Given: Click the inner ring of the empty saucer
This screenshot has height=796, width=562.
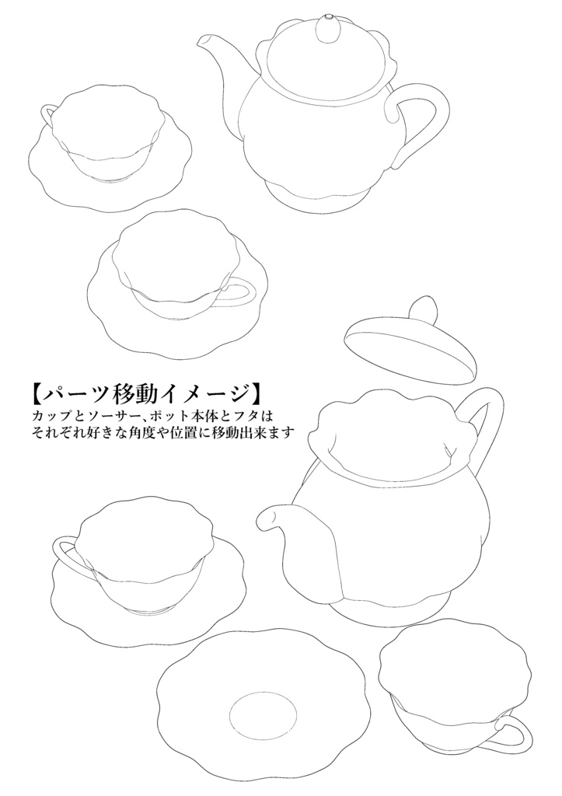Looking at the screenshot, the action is point(264,716).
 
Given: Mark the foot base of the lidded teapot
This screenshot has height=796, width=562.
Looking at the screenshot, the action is point(316,195).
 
